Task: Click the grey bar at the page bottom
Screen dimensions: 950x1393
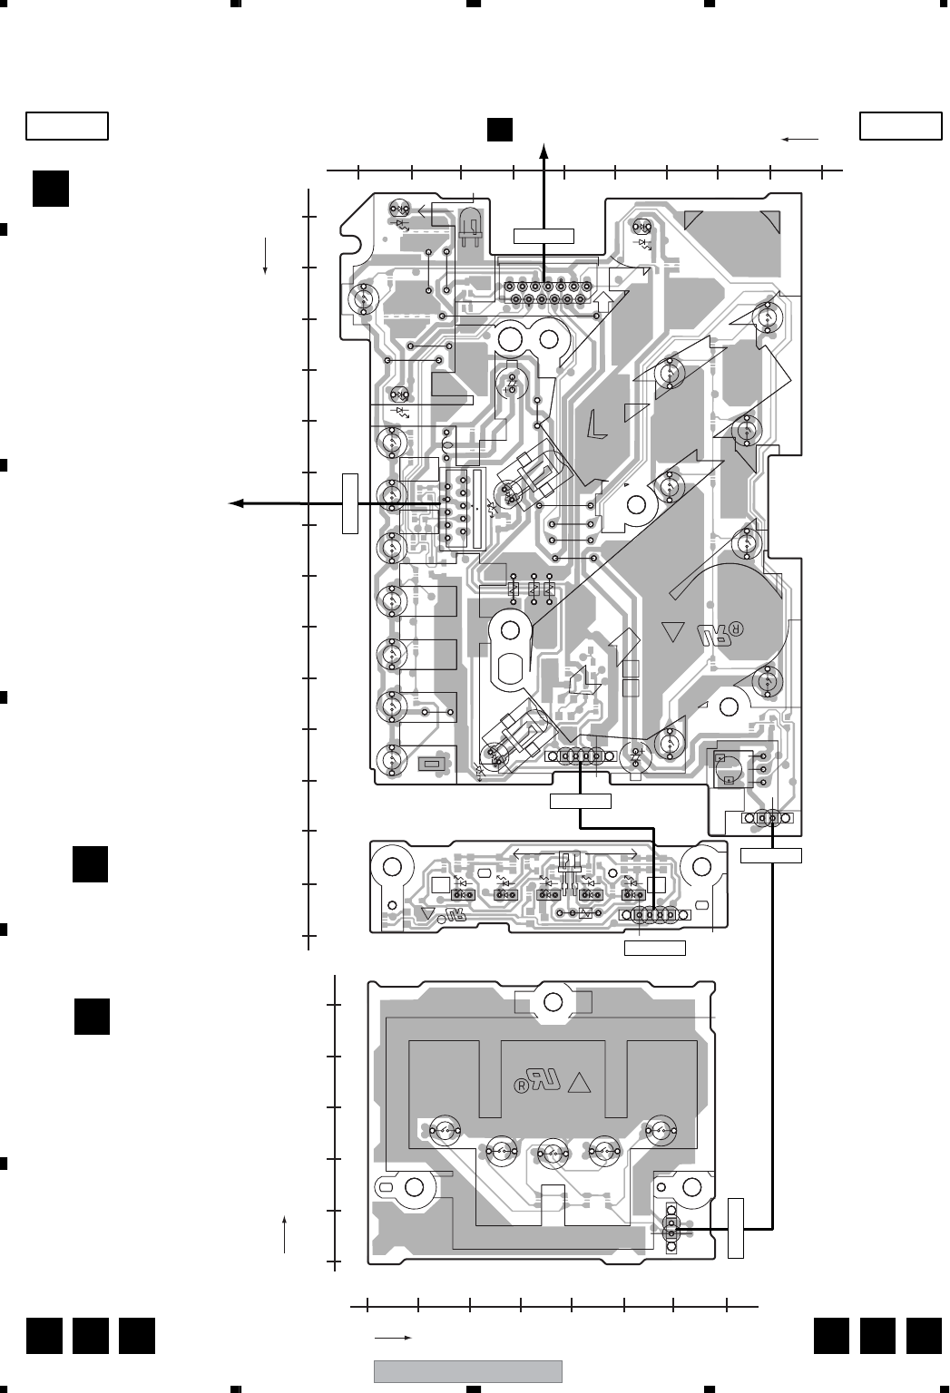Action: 468,1370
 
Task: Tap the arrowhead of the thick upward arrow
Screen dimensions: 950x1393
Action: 544,151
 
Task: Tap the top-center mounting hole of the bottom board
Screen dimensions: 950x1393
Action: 553,1001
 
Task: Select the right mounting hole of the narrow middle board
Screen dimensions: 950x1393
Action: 701,866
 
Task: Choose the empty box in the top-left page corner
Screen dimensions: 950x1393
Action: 67,126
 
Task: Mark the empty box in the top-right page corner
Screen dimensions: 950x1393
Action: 900,126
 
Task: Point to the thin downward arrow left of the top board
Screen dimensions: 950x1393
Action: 264,257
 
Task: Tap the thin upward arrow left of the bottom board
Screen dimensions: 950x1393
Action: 286,1234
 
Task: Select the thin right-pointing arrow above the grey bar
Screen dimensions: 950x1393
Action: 394,1338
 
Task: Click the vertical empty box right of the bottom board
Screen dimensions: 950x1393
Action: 735,1228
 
